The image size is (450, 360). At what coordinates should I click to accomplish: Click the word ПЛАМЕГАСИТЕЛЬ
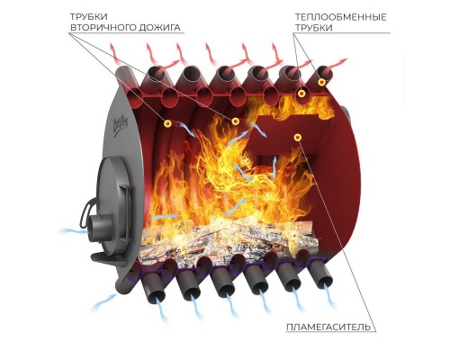point(328,327)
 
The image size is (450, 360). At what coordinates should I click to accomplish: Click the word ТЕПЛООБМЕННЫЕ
point(341,17)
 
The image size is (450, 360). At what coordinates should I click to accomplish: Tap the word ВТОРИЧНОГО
point(103,28)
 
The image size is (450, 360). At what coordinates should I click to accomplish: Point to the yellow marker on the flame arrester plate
point(298,138)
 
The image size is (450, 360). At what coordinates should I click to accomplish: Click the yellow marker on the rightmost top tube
point(322,82)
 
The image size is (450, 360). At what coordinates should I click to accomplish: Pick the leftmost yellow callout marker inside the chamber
point(167,123)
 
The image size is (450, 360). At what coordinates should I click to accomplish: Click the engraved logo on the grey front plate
point(120,126)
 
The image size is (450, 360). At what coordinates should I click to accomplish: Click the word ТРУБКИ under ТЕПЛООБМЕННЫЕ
point(313,28)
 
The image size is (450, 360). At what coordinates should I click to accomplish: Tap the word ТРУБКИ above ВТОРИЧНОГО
point(89,16)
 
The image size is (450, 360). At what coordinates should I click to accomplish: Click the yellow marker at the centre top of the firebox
point(236,121)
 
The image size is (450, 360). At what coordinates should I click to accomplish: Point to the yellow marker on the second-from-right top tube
point(301,94)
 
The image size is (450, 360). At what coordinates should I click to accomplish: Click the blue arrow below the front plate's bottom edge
point(105,301)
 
